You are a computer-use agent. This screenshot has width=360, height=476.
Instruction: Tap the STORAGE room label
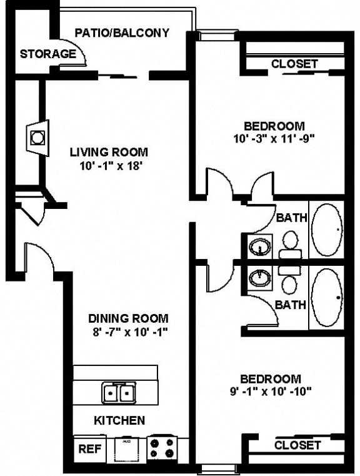point(47,54)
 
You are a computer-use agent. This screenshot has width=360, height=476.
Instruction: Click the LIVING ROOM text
point(109,151)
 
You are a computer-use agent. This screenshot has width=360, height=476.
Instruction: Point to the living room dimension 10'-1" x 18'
point(109,166)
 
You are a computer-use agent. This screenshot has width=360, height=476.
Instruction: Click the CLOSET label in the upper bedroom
point(294,64)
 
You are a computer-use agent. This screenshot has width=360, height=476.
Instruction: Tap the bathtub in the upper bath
point(327,230)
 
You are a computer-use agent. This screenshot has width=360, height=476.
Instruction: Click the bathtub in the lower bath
point(327,298)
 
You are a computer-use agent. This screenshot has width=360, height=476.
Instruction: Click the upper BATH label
point(291,218)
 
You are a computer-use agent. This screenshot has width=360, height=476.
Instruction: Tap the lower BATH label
point(291,305)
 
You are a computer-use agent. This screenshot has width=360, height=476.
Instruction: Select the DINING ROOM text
point(128,318)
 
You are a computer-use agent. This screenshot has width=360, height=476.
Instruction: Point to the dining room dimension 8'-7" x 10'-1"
point(128,332)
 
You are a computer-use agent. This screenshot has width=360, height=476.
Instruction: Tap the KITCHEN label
point(119,420)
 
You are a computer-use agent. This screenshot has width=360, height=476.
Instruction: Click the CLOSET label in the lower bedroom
point(297,445)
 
